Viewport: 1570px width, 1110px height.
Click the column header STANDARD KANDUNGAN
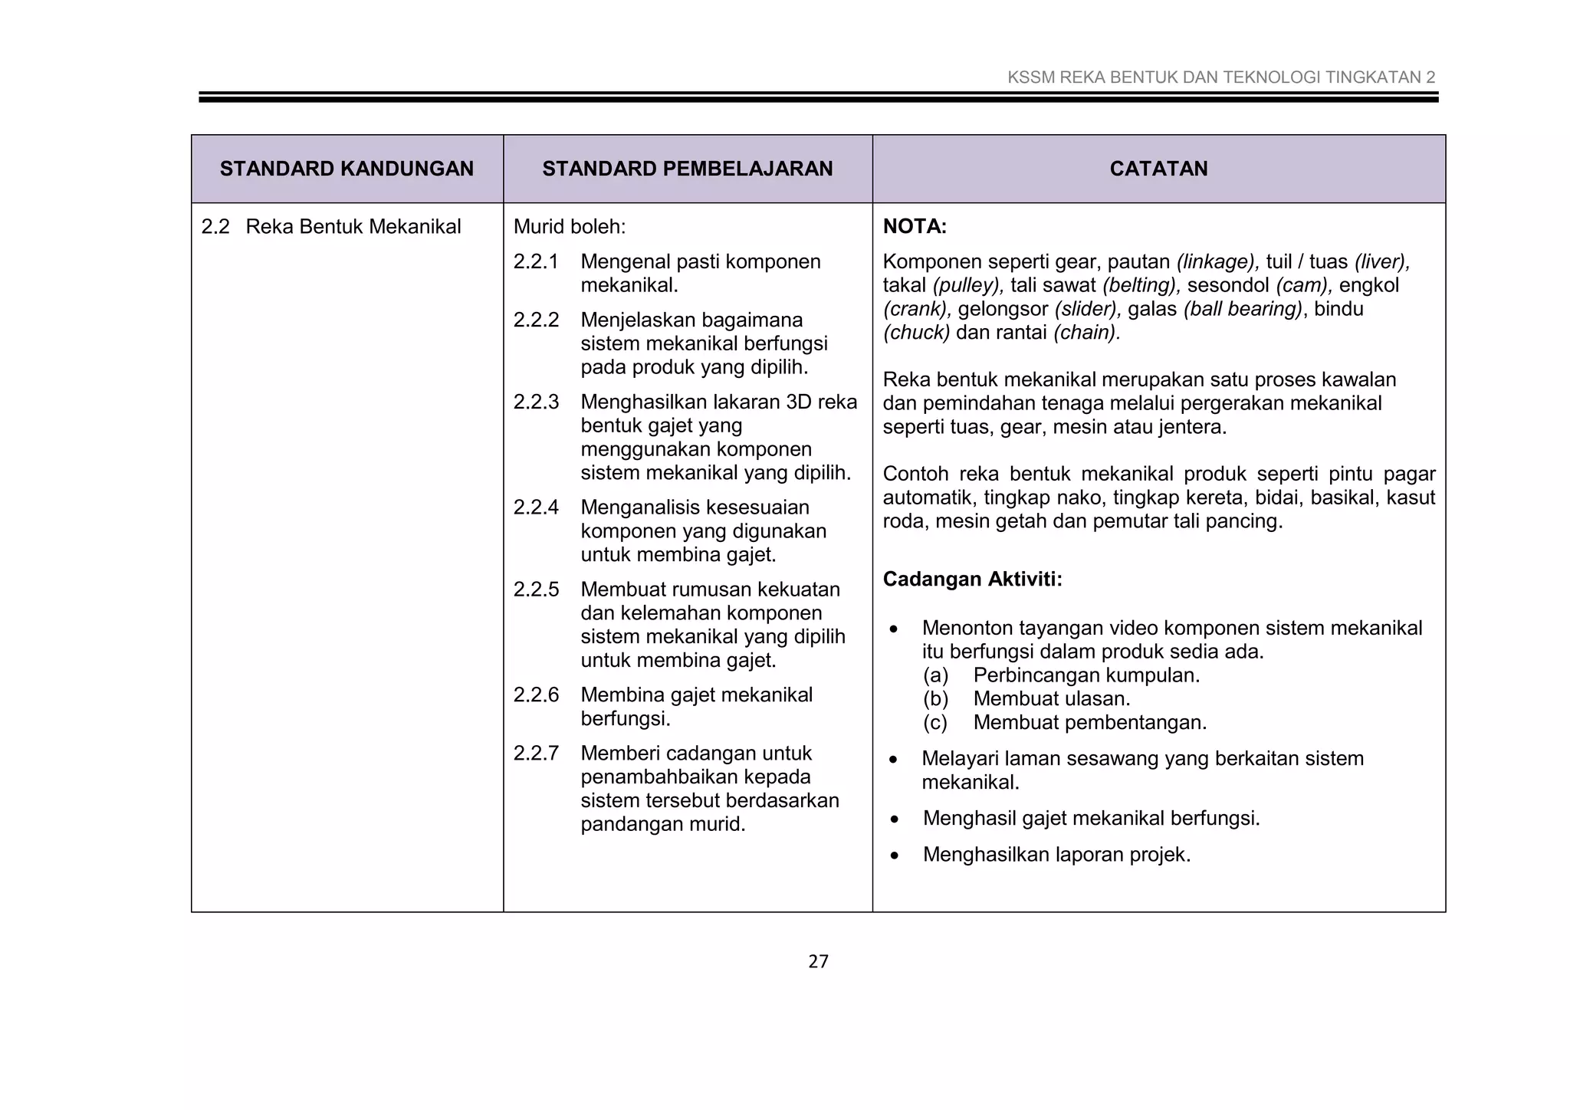point(347,169)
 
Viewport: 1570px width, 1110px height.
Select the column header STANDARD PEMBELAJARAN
point(687,169)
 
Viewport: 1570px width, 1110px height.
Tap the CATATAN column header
point(1158,169)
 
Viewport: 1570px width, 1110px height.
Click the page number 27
point(818,961)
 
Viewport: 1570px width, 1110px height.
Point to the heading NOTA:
point(915,226)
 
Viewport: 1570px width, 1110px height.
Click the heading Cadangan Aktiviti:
point(972,579)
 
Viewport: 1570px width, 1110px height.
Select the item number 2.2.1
point(536,262)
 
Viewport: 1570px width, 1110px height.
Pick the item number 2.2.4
point(536,507)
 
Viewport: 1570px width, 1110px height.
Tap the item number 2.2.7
point(536,753)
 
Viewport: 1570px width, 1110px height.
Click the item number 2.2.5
point(536,589)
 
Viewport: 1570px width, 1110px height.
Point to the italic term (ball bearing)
point(1243,309)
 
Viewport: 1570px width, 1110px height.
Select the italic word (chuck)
point(916,333)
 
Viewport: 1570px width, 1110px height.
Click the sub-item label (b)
point(935,699)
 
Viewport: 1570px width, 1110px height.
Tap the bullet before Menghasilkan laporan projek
point(895,855)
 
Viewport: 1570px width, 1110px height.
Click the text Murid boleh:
point(569,227)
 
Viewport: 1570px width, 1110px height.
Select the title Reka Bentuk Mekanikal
point(353,227)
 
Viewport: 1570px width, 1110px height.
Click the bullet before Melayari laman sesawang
point(893,760)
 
